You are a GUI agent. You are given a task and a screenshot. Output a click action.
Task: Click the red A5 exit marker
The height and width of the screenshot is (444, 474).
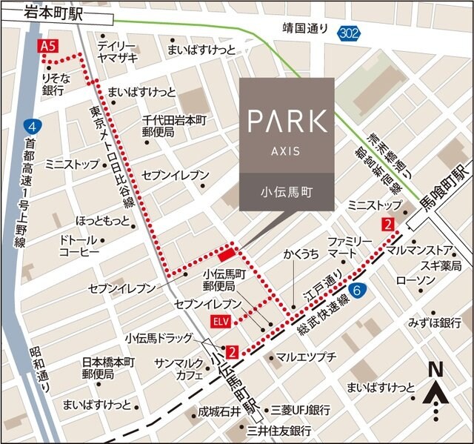48,46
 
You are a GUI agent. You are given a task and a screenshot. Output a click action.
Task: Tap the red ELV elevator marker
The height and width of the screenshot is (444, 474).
221,321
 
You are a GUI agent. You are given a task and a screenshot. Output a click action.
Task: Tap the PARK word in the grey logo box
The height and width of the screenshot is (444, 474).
287,121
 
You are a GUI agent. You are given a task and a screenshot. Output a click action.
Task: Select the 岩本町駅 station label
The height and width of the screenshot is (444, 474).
53,10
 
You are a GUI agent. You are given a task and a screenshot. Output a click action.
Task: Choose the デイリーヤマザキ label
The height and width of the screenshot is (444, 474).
118,50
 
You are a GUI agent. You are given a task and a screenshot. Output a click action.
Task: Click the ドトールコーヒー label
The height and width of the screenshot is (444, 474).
79,247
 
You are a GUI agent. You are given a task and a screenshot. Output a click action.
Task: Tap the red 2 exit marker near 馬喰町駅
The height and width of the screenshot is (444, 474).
388,225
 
